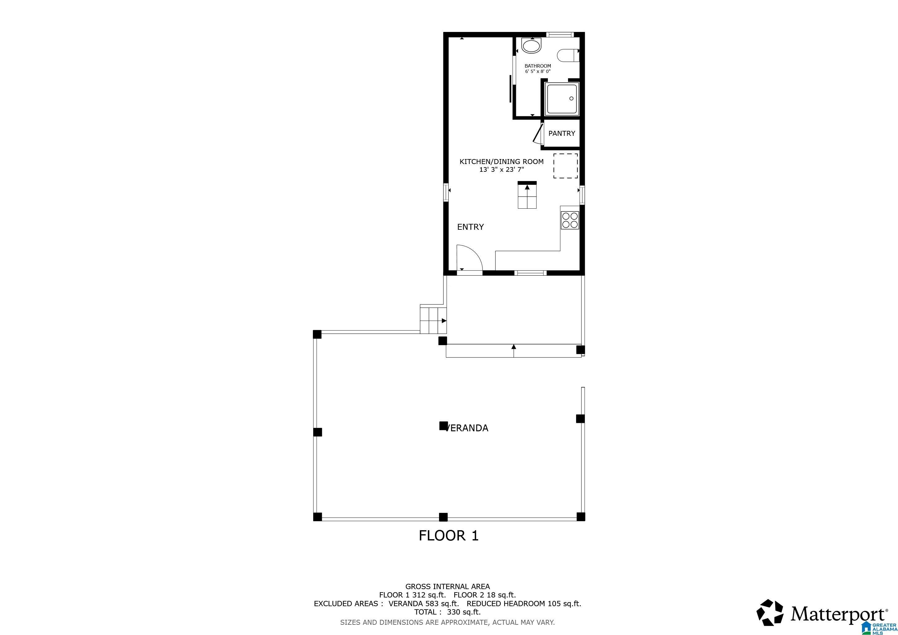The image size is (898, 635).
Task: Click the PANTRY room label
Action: tap(561, 133)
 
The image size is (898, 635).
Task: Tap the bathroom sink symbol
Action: tap(531, 46)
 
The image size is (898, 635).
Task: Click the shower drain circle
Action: tap(571, 99)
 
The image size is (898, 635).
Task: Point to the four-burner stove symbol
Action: tap(569, 220)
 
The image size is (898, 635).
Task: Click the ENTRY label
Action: tap(470, 227)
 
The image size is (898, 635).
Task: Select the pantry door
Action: tap(538, 133)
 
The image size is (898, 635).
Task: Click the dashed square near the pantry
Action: tap(565, 166)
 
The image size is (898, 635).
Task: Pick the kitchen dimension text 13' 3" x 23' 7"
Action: tap(501, 170)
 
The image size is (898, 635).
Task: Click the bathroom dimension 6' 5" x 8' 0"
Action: tap(537, 72)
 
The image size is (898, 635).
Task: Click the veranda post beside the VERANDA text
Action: tap(443, 425)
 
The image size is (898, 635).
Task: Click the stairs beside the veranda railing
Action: tap(433, 319)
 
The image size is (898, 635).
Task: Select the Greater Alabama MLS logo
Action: tap(880, 628)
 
